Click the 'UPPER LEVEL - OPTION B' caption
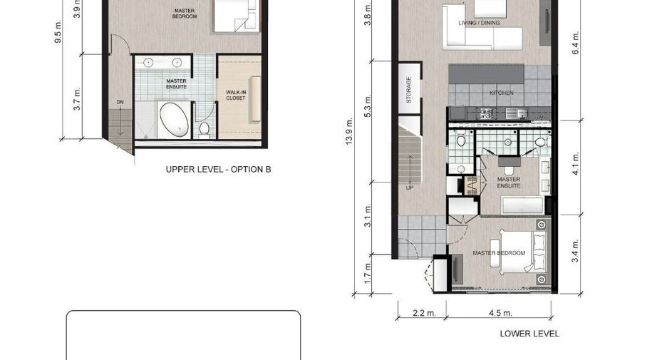tap(218, 170)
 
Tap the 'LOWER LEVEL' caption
tap(529, 334)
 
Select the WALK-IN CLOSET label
tap(236, 95)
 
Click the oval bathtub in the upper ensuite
tap(175, 120)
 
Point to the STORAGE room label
tap(409, 90)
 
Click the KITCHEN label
tap(502, 93)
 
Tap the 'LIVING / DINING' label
tap(479, 23)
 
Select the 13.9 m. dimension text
tap(349, 131)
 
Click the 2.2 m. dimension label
tap(425, 313)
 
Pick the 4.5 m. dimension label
tap(501, 313)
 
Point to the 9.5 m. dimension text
tap(58, 32)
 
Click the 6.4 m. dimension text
tap(576, 43)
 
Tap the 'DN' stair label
tap(120, 102)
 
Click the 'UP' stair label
tap(410, 187)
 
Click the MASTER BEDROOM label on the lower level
tap(499, 253)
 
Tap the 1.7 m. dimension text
tap(368, 273)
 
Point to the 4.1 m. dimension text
tap(576, 163)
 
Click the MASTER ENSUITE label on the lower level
tap(509, 182)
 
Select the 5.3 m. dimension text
tap(368, 106)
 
